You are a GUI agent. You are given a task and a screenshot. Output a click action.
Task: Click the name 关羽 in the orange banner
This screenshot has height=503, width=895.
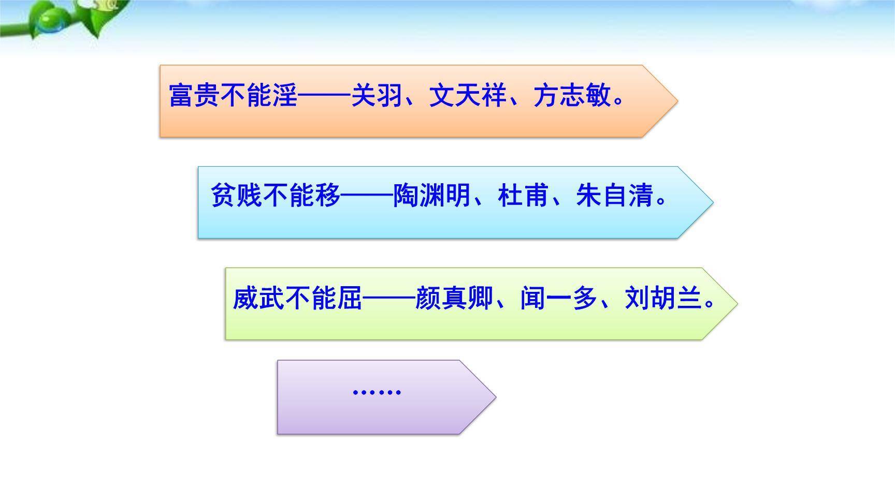pos(377,96)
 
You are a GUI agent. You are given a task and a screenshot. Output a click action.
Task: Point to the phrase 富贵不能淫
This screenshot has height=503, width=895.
pos(234,96)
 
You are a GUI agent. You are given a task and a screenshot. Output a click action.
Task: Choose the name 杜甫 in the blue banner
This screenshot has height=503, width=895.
pos(523,196)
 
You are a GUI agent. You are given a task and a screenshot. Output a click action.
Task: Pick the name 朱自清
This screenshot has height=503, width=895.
pos(614,196)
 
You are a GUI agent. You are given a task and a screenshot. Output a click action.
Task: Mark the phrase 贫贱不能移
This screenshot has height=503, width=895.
pos(276,196)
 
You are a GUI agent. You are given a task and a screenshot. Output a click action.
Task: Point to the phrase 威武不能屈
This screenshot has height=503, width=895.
pos(297,299)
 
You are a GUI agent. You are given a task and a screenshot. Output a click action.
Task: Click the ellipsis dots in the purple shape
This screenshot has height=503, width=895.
pos(377,392)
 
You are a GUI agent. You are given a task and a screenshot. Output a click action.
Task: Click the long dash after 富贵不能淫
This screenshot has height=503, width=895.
pos(325,96)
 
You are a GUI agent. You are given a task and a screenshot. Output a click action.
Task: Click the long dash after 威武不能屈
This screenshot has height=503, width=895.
pos(388,299)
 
